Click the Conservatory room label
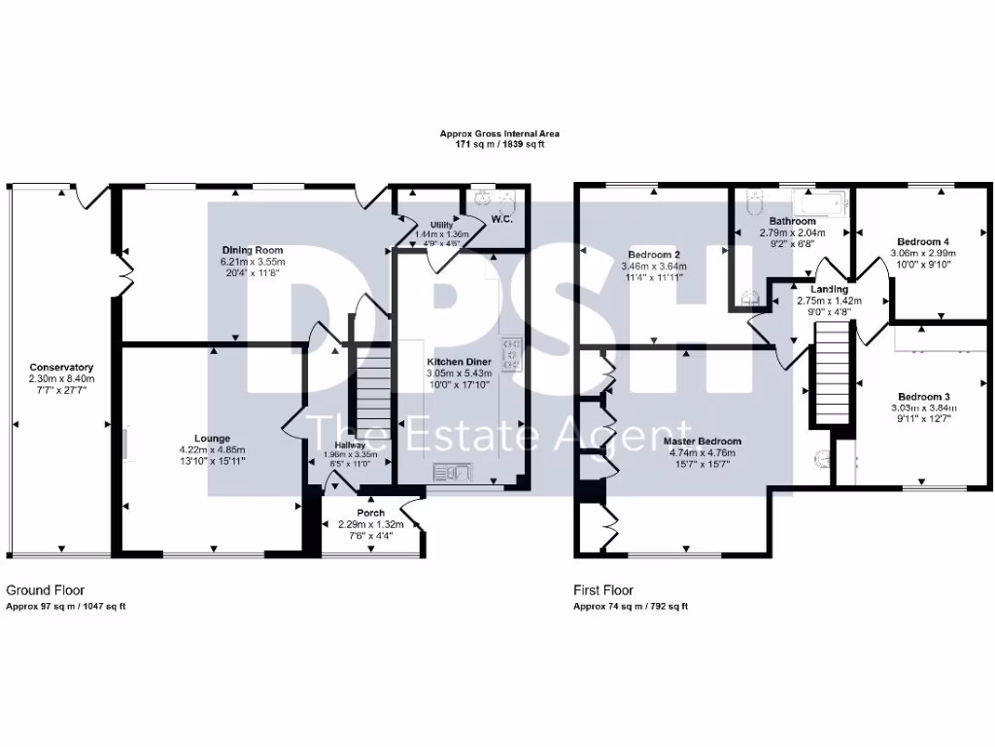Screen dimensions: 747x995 60,367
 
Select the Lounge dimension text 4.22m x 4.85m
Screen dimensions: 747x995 212,449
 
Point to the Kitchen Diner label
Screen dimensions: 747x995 460,362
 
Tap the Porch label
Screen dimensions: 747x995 370,513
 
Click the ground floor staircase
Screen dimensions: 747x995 369,398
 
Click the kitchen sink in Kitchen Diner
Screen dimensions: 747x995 453,473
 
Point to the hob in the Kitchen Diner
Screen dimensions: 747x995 512,346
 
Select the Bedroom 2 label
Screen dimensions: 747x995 653,255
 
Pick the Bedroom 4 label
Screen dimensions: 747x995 922,241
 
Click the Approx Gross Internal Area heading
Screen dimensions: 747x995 499,133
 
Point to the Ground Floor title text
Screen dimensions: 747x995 46,589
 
